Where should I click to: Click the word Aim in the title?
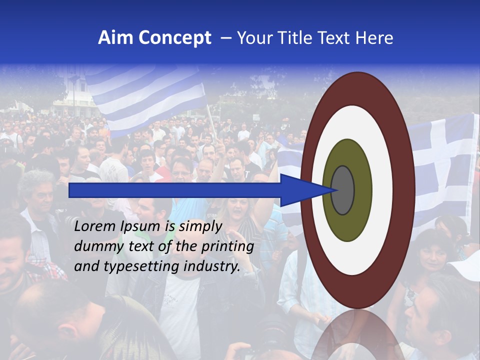[x=115, y=38]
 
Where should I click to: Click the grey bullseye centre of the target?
[x=343, y=190]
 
